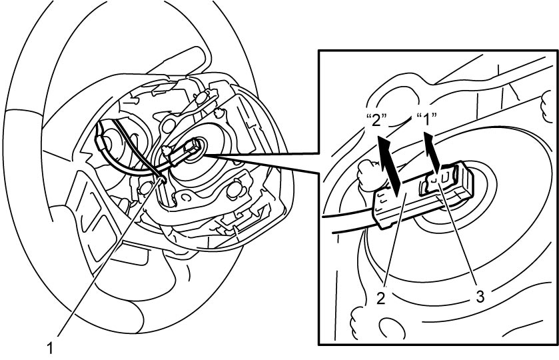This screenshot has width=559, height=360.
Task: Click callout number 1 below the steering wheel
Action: pos(50,348)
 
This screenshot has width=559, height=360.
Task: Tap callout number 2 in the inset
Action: pos(381,298)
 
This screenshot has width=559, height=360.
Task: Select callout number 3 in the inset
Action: pos(480,296)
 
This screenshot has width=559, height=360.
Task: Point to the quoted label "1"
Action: pos(426,119)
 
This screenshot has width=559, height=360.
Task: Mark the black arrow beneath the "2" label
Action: pos(390,166)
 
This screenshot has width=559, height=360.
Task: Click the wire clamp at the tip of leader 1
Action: pos(162,179)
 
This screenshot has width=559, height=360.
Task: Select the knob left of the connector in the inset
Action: pos(370,174)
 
